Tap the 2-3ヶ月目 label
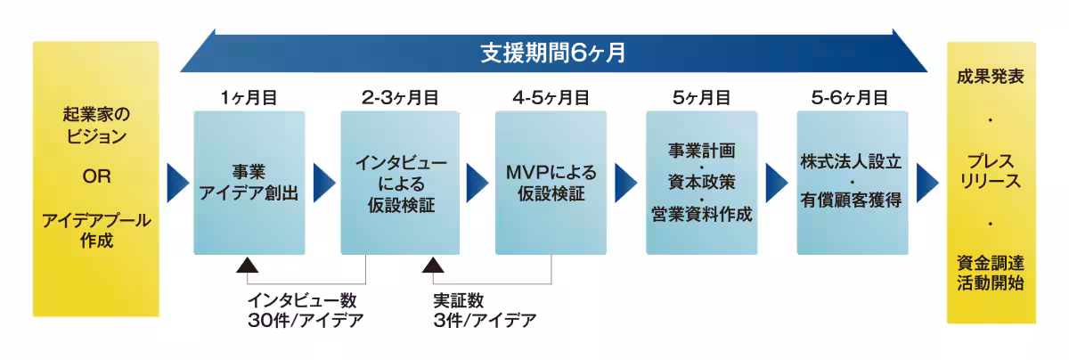400,98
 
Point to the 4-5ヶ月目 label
551,98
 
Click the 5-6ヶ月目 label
849,98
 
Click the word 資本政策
700,182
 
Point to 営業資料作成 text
700,215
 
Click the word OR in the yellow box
95,177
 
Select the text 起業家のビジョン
95,126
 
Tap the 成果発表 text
991,78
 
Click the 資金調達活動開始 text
991,273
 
